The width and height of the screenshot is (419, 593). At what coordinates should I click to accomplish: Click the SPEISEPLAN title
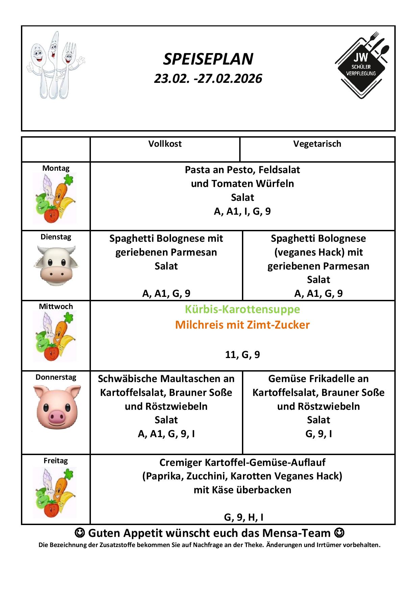tap(208, 60)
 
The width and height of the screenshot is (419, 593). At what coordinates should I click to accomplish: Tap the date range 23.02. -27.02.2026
tap(208, 79)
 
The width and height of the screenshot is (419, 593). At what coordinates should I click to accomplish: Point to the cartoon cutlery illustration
tap(55, 65)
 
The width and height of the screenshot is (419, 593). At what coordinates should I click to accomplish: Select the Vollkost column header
tap(165, 144)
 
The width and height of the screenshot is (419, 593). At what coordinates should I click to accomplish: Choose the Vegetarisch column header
tap(317, 144)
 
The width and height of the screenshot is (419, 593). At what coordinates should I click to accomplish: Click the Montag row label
tap(56, 168)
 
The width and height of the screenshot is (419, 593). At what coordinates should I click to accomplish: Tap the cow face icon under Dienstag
tap(56, 266)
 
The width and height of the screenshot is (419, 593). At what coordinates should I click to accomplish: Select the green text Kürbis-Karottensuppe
tap(242, 309)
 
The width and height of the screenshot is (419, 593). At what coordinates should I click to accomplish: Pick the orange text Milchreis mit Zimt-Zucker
tap(242, 325)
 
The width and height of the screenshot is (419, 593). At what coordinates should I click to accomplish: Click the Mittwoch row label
tap(56, 307)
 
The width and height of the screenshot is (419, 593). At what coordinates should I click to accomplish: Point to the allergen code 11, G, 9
tap(242, 355)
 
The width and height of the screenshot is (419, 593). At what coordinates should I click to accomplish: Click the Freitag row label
tap(56, 461)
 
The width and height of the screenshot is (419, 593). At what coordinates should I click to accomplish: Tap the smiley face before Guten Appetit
tap(79, 533)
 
